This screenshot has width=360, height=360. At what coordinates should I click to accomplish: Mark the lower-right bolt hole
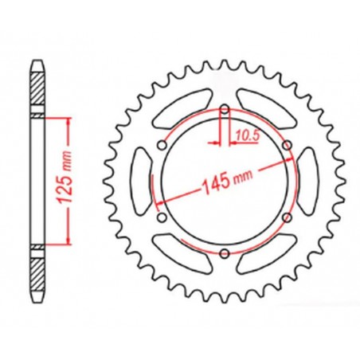click(288, 217)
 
